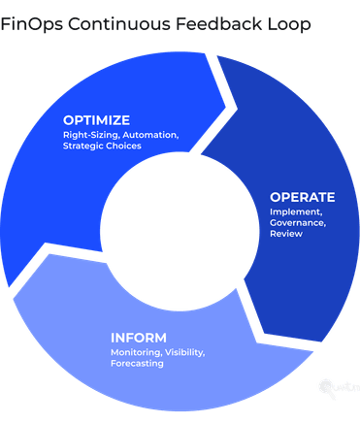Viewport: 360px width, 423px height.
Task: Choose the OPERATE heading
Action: tap(302, 197)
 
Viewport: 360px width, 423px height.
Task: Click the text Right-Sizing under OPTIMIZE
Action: tap(87, 135)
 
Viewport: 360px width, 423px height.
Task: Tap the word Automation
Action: tap(147, 135)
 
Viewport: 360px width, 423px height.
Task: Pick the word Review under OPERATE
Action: tap(285, 235)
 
